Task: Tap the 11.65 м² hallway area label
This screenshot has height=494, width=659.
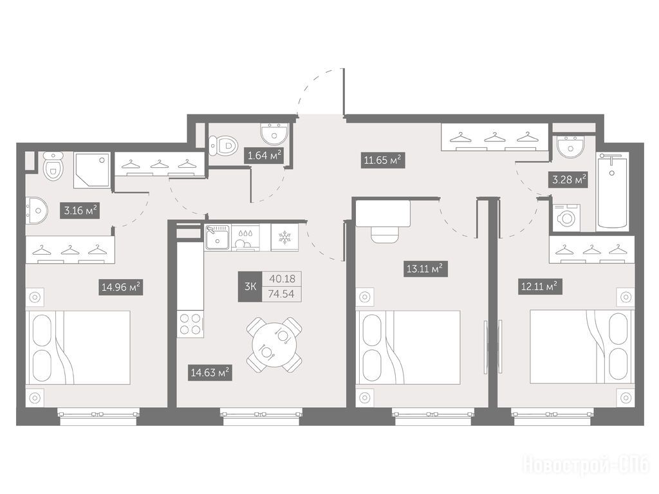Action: click(x=383, y=160)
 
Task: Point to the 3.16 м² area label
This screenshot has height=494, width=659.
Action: click(x=81, y=210)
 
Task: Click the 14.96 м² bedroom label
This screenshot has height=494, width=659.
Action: click(x=120, y=288)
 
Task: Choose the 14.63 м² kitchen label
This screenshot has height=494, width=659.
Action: click(x=210, y=372)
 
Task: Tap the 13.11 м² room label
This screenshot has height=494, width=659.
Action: click(x=425, y=268)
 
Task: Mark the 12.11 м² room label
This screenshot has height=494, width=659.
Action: click(x=540, y=287)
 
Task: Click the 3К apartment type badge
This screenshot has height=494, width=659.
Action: click(x=250, y=286)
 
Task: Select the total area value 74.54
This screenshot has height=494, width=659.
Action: click(x=282, y=294)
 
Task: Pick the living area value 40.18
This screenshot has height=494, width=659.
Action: click(x=283, y=279)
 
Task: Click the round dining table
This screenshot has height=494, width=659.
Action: click(x=274, y=345)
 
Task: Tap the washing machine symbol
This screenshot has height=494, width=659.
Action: click(x=566, y=217)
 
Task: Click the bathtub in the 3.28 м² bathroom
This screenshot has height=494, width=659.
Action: click(x=613, y=190)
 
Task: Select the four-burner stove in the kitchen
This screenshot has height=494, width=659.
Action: click(x=190, y=324)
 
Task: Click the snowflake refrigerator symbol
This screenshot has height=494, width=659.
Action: click(x=284, y=237)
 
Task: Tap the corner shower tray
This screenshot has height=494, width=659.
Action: click(x=91, y=170)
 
